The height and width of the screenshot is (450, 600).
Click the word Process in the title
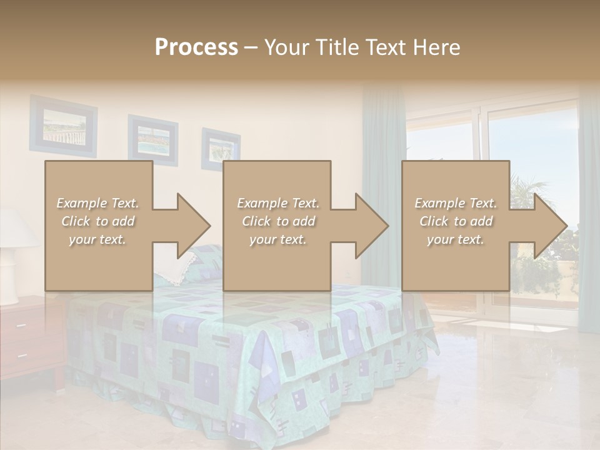(x=196, y=47)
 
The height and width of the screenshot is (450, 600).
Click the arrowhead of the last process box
(x=549, y=226)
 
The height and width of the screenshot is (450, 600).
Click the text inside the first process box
(x=97, y=221)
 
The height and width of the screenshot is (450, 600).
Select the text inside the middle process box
(x=277, y=221)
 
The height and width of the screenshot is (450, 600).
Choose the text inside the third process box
(x=456, y=221)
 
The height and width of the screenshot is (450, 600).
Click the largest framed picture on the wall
(x=63, y=125)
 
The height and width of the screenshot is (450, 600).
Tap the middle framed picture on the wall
(x=152, y=139)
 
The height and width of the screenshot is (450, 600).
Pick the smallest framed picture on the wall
(x=221, y=147)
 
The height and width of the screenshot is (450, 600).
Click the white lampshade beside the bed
(x=16, y=228)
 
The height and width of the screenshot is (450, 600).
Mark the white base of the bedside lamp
(x=9, y=275)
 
